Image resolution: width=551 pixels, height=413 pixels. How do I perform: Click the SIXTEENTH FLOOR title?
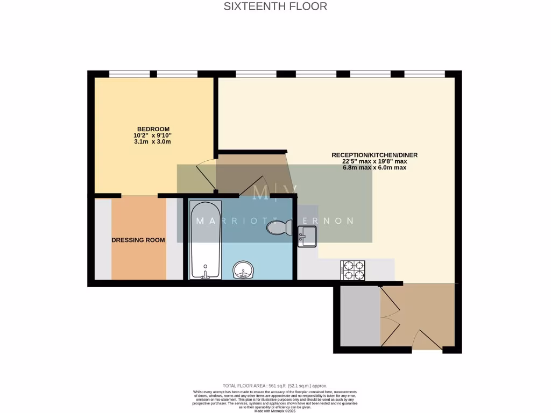(275, 7)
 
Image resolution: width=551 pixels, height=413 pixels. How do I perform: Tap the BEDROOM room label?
(153, 129)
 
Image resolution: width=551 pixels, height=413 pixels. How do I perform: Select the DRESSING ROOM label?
(138, 240)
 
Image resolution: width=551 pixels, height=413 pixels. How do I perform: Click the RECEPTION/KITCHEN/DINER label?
(374, 155)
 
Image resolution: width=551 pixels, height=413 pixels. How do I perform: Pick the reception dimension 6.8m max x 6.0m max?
(374, 168)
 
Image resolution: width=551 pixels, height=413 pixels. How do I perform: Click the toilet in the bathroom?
(278, 228)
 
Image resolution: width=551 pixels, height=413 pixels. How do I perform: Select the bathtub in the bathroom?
(205, 240)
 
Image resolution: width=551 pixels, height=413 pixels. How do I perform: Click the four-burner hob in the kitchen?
(353, 270)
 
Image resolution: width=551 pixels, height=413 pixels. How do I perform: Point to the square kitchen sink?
(308, 236)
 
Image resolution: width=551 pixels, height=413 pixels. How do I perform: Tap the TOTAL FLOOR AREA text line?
(275, 386)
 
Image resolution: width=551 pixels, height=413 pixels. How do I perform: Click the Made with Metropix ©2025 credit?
(275, 410)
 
